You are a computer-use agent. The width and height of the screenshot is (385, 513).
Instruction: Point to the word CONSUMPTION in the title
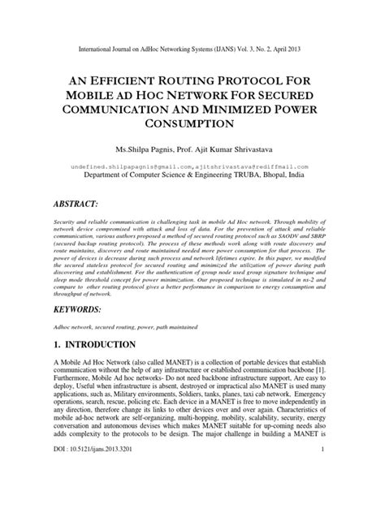pos(192,122)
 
